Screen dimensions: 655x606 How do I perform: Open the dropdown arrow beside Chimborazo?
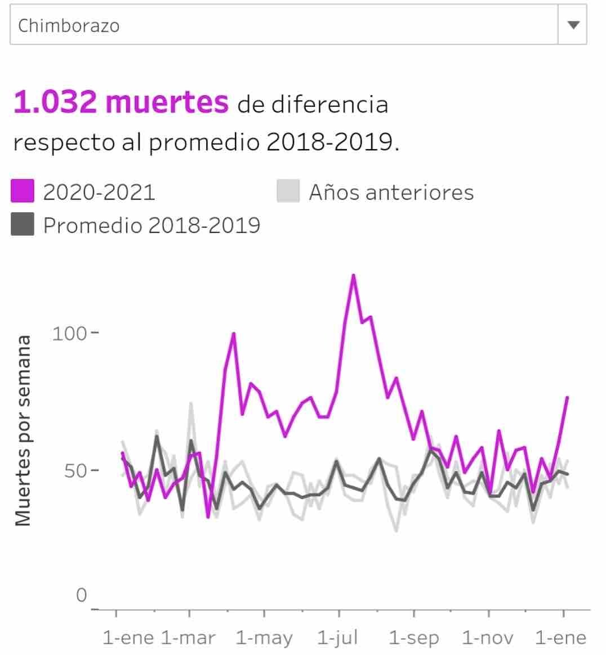point(573,25)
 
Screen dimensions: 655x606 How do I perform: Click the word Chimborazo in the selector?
point(69,26)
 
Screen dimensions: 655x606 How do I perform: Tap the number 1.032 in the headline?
point(55,102)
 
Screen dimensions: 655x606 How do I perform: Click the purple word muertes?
point(167,102)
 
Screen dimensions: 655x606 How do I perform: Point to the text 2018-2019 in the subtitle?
point(329,142)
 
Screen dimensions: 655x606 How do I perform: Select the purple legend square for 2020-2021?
point(23,191)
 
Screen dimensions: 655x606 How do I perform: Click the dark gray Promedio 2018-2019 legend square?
point(23,225)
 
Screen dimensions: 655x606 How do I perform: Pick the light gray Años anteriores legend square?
point(288,191)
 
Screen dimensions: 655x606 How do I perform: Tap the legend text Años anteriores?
point(391,192)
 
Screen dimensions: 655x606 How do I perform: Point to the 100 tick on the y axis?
point(69,333)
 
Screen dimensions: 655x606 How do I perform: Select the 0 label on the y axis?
point(82,595)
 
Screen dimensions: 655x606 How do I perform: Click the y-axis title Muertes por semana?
point(23,430)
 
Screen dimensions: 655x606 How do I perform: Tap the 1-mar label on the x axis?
point(188,638)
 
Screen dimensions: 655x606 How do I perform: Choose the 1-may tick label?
point(264,638)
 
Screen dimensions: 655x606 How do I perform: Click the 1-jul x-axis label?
point(337,638)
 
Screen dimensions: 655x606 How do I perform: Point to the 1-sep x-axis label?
point(414,638)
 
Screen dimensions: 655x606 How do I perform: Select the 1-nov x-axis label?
point(488,638)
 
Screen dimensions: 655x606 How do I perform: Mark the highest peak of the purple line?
point(353,275)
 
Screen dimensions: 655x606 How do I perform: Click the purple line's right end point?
point(567,397)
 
